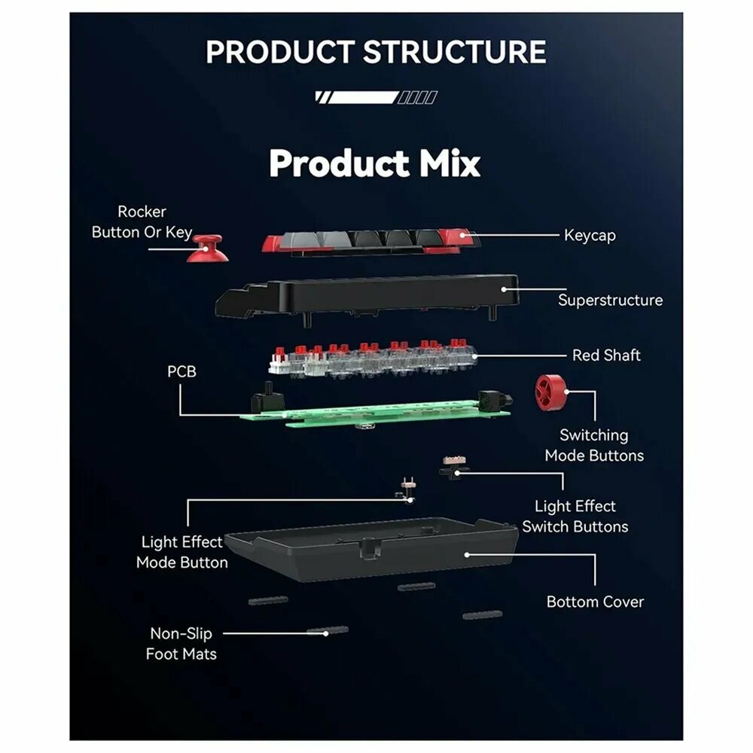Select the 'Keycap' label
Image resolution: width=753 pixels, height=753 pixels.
click(x=590, y=236)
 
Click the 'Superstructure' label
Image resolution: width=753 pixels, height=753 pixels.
click(x=610, y=300)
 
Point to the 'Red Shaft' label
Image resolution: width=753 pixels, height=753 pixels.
click(x=606, y=355)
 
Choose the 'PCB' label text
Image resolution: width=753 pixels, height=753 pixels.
click(x=181, y=371)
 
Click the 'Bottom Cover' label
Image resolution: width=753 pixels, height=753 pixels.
click(x=595, y=602)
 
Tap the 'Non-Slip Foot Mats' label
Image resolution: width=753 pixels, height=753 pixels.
click(x=181, y=644)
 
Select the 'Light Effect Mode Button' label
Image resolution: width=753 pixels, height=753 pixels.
click(x=181, y=552)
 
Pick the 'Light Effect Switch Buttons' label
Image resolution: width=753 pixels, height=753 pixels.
click(x=575, y=517)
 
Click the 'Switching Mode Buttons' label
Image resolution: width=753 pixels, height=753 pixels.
click(x=594, y=445)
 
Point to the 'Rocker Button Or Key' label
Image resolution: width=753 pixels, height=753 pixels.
click(x=142, y=222)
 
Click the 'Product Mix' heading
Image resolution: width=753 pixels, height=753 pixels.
click(x=374, y=163)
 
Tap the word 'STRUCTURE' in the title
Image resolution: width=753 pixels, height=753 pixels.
click(x=454, y=52)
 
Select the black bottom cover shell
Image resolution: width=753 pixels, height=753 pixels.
click(x=370, y=550)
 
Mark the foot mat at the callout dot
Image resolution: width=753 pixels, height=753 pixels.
click(x=327, y=630)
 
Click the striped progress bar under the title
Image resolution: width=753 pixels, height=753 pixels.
click(x=376, y=97)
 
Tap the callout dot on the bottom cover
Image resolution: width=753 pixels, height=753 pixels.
click(x=467, y=555)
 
